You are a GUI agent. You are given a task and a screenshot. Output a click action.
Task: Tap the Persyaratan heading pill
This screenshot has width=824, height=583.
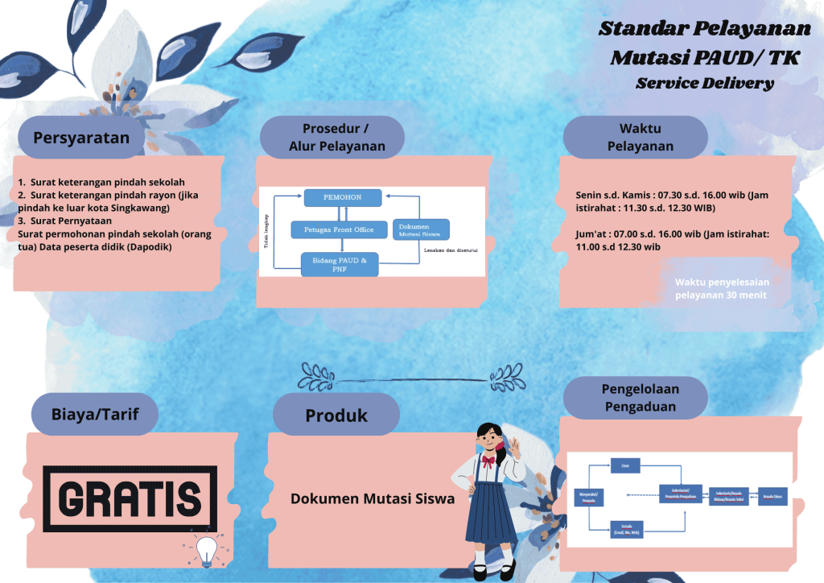81,137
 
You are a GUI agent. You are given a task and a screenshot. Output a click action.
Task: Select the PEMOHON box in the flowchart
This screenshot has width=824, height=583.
341,196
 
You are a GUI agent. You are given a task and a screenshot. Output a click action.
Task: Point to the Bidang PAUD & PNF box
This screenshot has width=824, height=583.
339,264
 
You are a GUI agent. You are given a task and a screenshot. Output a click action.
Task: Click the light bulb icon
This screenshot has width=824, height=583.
207,549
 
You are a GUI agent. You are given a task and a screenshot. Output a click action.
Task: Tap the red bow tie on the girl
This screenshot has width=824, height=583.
488,461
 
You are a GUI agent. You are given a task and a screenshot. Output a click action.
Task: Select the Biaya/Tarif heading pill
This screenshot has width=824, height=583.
93,415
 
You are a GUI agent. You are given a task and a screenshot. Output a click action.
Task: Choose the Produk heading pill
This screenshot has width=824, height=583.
336,416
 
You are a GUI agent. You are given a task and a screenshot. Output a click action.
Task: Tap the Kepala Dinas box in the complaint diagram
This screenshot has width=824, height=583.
772,496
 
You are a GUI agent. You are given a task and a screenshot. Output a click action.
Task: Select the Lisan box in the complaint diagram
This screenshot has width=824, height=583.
625,466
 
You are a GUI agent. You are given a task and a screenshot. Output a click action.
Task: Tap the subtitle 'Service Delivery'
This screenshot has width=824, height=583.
704,83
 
